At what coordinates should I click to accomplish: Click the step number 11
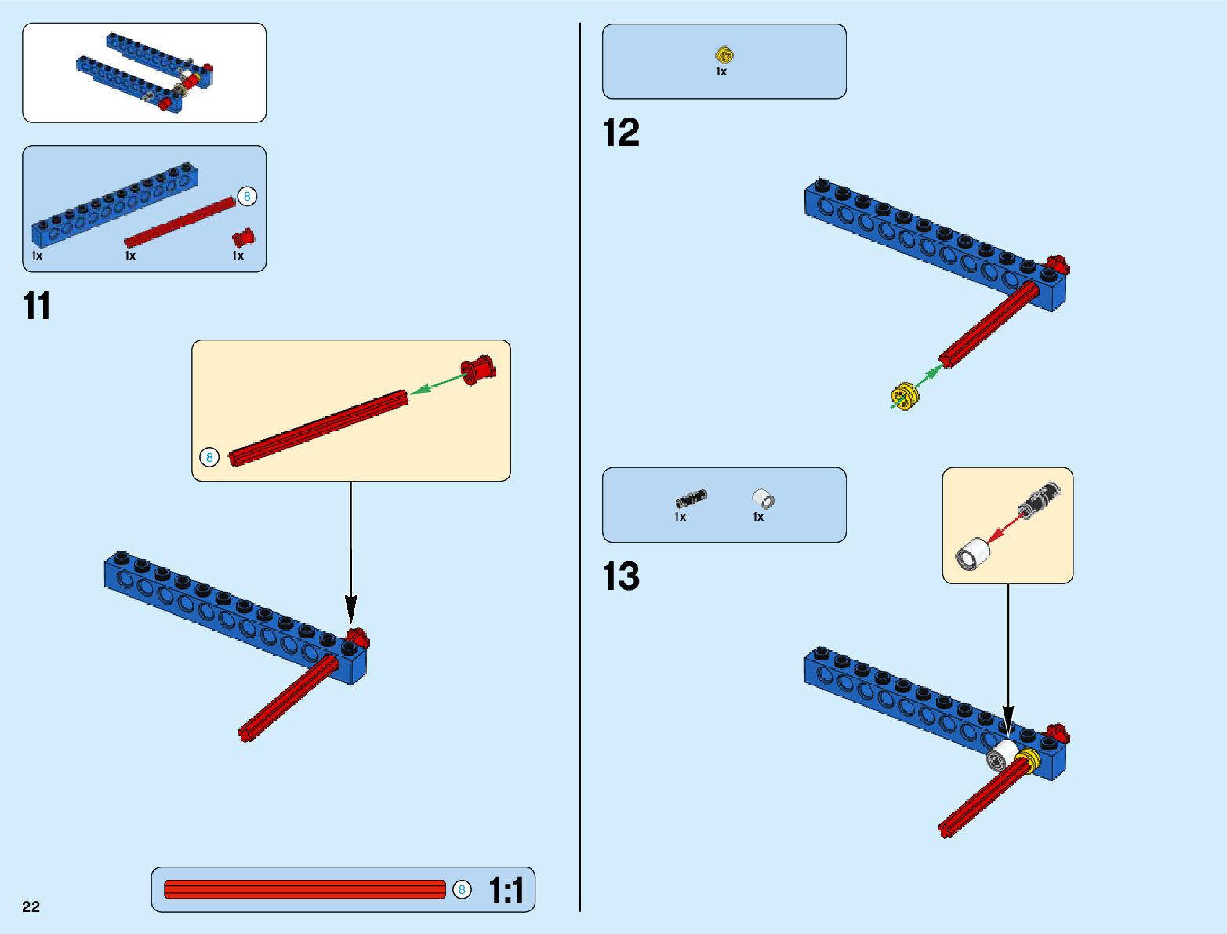[x=37, y=306]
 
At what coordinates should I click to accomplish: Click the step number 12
[x=621, y=133]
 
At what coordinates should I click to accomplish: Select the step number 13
[x=621, y=576]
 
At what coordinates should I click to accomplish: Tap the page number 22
[x=31, y=907]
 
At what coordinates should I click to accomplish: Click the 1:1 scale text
[x=506, y=890]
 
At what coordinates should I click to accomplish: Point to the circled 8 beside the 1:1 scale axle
[x=462, y=889]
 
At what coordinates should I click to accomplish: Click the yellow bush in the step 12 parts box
[x=724, y=55]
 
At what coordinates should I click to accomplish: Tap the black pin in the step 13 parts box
[x=691, y=498]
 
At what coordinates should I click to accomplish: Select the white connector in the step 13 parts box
[x=763, y=498]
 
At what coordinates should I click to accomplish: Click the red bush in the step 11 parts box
[x=243, y=237]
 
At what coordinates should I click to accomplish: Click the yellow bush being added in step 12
[x=905, y=396]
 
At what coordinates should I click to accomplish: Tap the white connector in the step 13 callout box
[x=973, y=554]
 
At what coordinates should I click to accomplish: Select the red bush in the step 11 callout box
[x=477, y=369]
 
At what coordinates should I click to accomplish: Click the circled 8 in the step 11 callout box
[x=209, y=457]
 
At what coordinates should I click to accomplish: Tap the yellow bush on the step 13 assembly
[x=1026, y=759]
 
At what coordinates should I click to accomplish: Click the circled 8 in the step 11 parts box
[x=247, y=196]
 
